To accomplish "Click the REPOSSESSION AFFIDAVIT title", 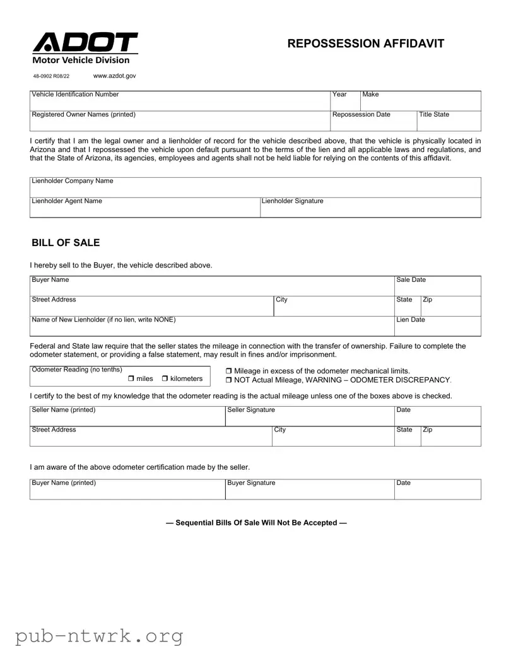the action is pos(366,44).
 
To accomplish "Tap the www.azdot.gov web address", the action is pos(114,76).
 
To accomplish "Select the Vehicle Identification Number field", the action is pos(180,102).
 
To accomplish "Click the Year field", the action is pos(345,102).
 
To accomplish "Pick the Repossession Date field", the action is pos(373,121).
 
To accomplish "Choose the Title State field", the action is pos(449,121).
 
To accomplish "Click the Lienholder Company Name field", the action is pos(255,188).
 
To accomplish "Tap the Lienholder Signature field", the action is pos(370,208).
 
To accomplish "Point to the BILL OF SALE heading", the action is pos(66,243).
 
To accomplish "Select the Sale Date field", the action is pos(437,286).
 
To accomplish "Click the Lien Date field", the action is pos(437,326).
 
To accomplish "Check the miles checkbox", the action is pos(131,378).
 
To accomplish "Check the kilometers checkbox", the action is pos(165,378).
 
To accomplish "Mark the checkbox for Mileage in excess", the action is pos(229,371).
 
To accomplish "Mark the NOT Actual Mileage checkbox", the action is pos(229,380).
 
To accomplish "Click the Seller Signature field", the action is pos(309,417).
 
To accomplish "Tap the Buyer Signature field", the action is pos(309,490).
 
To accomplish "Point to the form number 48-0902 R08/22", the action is pos(51,76).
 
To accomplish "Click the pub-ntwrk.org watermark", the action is pos(99,636).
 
